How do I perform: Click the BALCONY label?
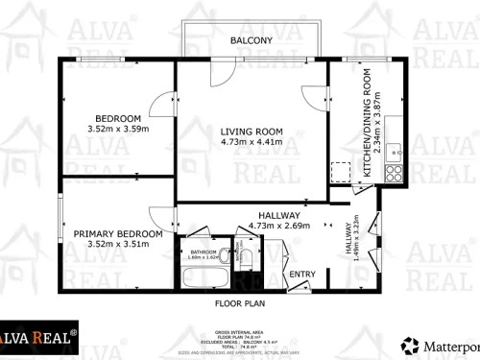252,40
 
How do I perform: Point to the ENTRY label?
302,275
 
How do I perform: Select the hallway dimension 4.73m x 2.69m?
278,227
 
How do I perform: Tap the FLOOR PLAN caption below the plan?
239,302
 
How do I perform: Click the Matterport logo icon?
410,344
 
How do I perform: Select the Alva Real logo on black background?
38,337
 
